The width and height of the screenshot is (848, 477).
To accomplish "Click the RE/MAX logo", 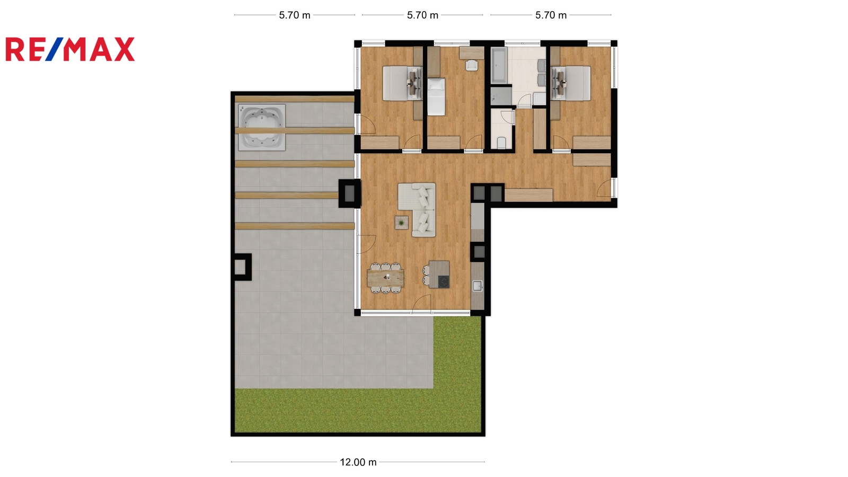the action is [x=70, y=49].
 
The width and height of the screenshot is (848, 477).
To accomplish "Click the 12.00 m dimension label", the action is [x=358, y=462].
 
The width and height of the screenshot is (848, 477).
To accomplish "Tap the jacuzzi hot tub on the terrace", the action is [x=262, y=128].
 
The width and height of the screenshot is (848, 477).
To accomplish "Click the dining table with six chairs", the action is [x=385, y=278].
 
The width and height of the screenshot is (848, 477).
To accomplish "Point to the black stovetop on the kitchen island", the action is [x=444, y=281].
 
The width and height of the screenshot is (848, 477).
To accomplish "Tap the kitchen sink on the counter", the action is [x=478, y=286].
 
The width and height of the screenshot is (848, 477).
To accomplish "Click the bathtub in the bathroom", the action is [x=499, y=66].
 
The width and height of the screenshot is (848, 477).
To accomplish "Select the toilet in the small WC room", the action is [x=501, y=143].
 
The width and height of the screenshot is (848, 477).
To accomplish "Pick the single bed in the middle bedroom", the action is [x=436, y=97].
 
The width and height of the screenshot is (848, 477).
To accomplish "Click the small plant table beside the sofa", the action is [x=401, y=223].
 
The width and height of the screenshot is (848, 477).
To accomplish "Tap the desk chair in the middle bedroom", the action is [x=472, y=65].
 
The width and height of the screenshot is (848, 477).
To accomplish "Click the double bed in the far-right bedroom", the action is [x=571, y=83].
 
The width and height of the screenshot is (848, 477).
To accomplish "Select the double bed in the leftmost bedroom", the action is [x=402, y=83].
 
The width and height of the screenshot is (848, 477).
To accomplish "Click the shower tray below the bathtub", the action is [x=501, y=95].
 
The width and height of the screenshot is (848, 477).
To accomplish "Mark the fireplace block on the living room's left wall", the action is [x=349, y=193].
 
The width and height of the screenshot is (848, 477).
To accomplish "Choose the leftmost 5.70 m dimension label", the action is [x=295, y=15].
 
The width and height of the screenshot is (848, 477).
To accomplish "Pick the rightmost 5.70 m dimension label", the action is [x=551, y=15].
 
